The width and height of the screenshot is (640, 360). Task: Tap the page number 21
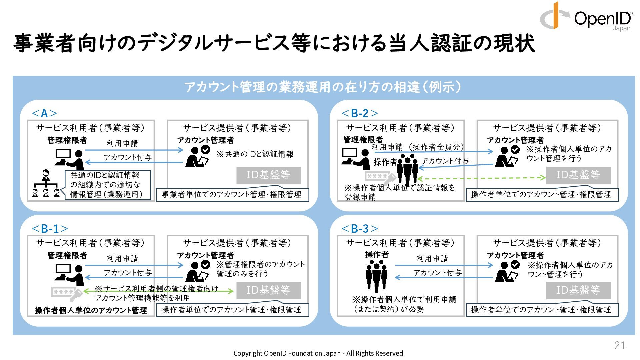[620, 345]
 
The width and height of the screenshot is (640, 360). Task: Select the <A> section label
[44, 113]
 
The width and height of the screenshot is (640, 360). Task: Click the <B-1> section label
[50, 229]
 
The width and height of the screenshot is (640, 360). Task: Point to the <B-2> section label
[360, 113]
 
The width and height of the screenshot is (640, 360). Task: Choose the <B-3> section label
[360, 229]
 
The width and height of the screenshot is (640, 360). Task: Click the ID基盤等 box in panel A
[268, 175]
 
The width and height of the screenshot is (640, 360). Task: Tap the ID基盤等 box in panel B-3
[578, 290]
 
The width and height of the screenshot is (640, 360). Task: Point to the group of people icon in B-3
[376, 275]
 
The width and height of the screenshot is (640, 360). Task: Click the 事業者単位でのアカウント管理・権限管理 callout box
[232, 194]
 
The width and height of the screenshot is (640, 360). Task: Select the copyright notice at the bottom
[319, 353]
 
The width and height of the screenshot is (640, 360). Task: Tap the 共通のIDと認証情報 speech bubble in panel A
[107, 185]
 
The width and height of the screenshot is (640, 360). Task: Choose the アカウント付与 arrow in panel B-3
[444, 277]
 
